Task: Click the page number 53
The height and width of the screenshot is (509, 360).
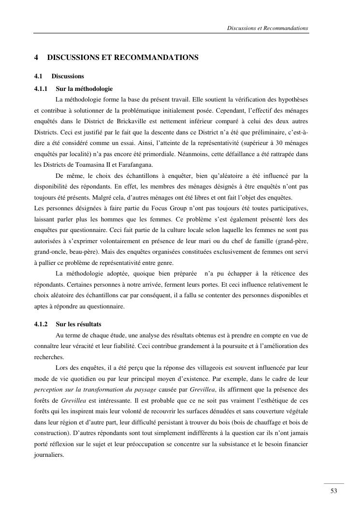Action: click(333, 491)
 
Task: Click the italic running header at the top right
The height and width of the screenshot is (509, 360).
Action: click(267, 28)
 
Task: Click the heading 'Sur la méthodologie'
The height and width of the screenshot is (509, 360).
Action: click(84, 89)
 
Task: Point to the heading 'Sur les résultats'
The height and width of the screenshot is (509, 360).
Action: click(79, 324)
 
